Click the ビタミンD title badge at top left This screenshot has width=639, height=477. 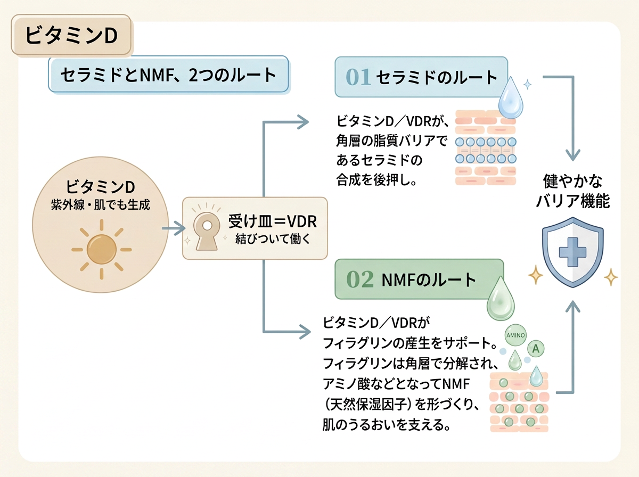(x=71, y=35)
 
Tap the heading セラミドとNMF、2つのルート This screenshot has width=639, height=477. (x=168, y=75)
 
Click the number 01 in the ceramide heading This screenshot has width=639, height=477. (x=358, y=77)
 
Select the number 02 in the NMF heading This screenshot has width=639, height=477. (x=360, y=279)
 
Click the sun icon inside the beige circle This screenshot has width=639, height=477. (x=102, y=250)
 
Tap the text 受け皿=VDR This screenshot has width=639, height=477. (x=273, y=221)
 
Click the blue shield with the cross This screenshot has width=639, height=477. (x=572, y=252)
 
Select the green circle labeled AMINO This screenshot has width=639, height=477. (x=515, y=335)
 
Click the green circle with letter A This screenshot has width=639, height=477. (x=536, y=348)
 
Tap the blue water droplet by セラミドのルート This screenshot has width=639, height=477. (x=511, y=98)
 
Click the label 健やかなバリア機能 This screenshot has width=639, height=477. (x=572, y=191)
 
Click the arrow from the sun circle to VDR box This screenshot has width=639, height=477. (x=174, y=228)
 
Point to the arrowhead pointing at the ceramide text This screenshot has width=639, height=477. (x=303, y=122)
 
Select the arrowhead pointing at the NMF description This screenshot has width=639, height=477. (x=305, y=332)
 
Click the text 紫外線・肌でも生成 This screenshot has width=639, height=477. (x=101, y=205)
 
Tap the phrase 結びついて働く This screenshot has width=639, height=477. (x=273, y=239)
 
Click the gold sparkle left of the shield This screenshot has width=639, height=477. (x=536, y=275)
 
